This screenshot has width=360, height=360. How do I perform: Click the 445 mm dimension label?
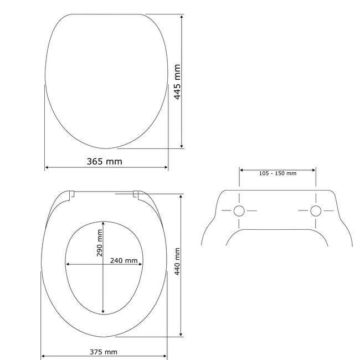coord(177,82)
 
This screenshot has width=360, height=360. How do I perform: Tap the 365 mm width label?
coord(105,161)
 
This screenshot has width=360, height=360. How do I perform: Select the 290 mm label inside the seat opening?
coord(99,243)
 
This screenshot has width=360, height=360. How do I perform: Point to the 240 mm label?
coord(124,261)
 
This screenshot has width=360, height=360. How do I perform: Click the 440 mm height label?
coord(177,261)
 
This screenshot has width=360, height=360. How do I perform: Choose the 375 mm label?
coord(104,352)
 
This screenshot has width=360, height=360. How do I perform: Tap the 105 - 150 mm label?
coord(278,173)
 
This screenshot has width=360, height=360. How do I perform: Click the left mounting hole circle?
coord(239,211)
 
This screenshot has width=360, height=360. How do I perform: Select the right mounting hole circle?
coord(316,211)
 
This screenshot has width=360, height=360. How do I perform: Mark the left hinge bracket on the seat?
coord(71,194)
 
